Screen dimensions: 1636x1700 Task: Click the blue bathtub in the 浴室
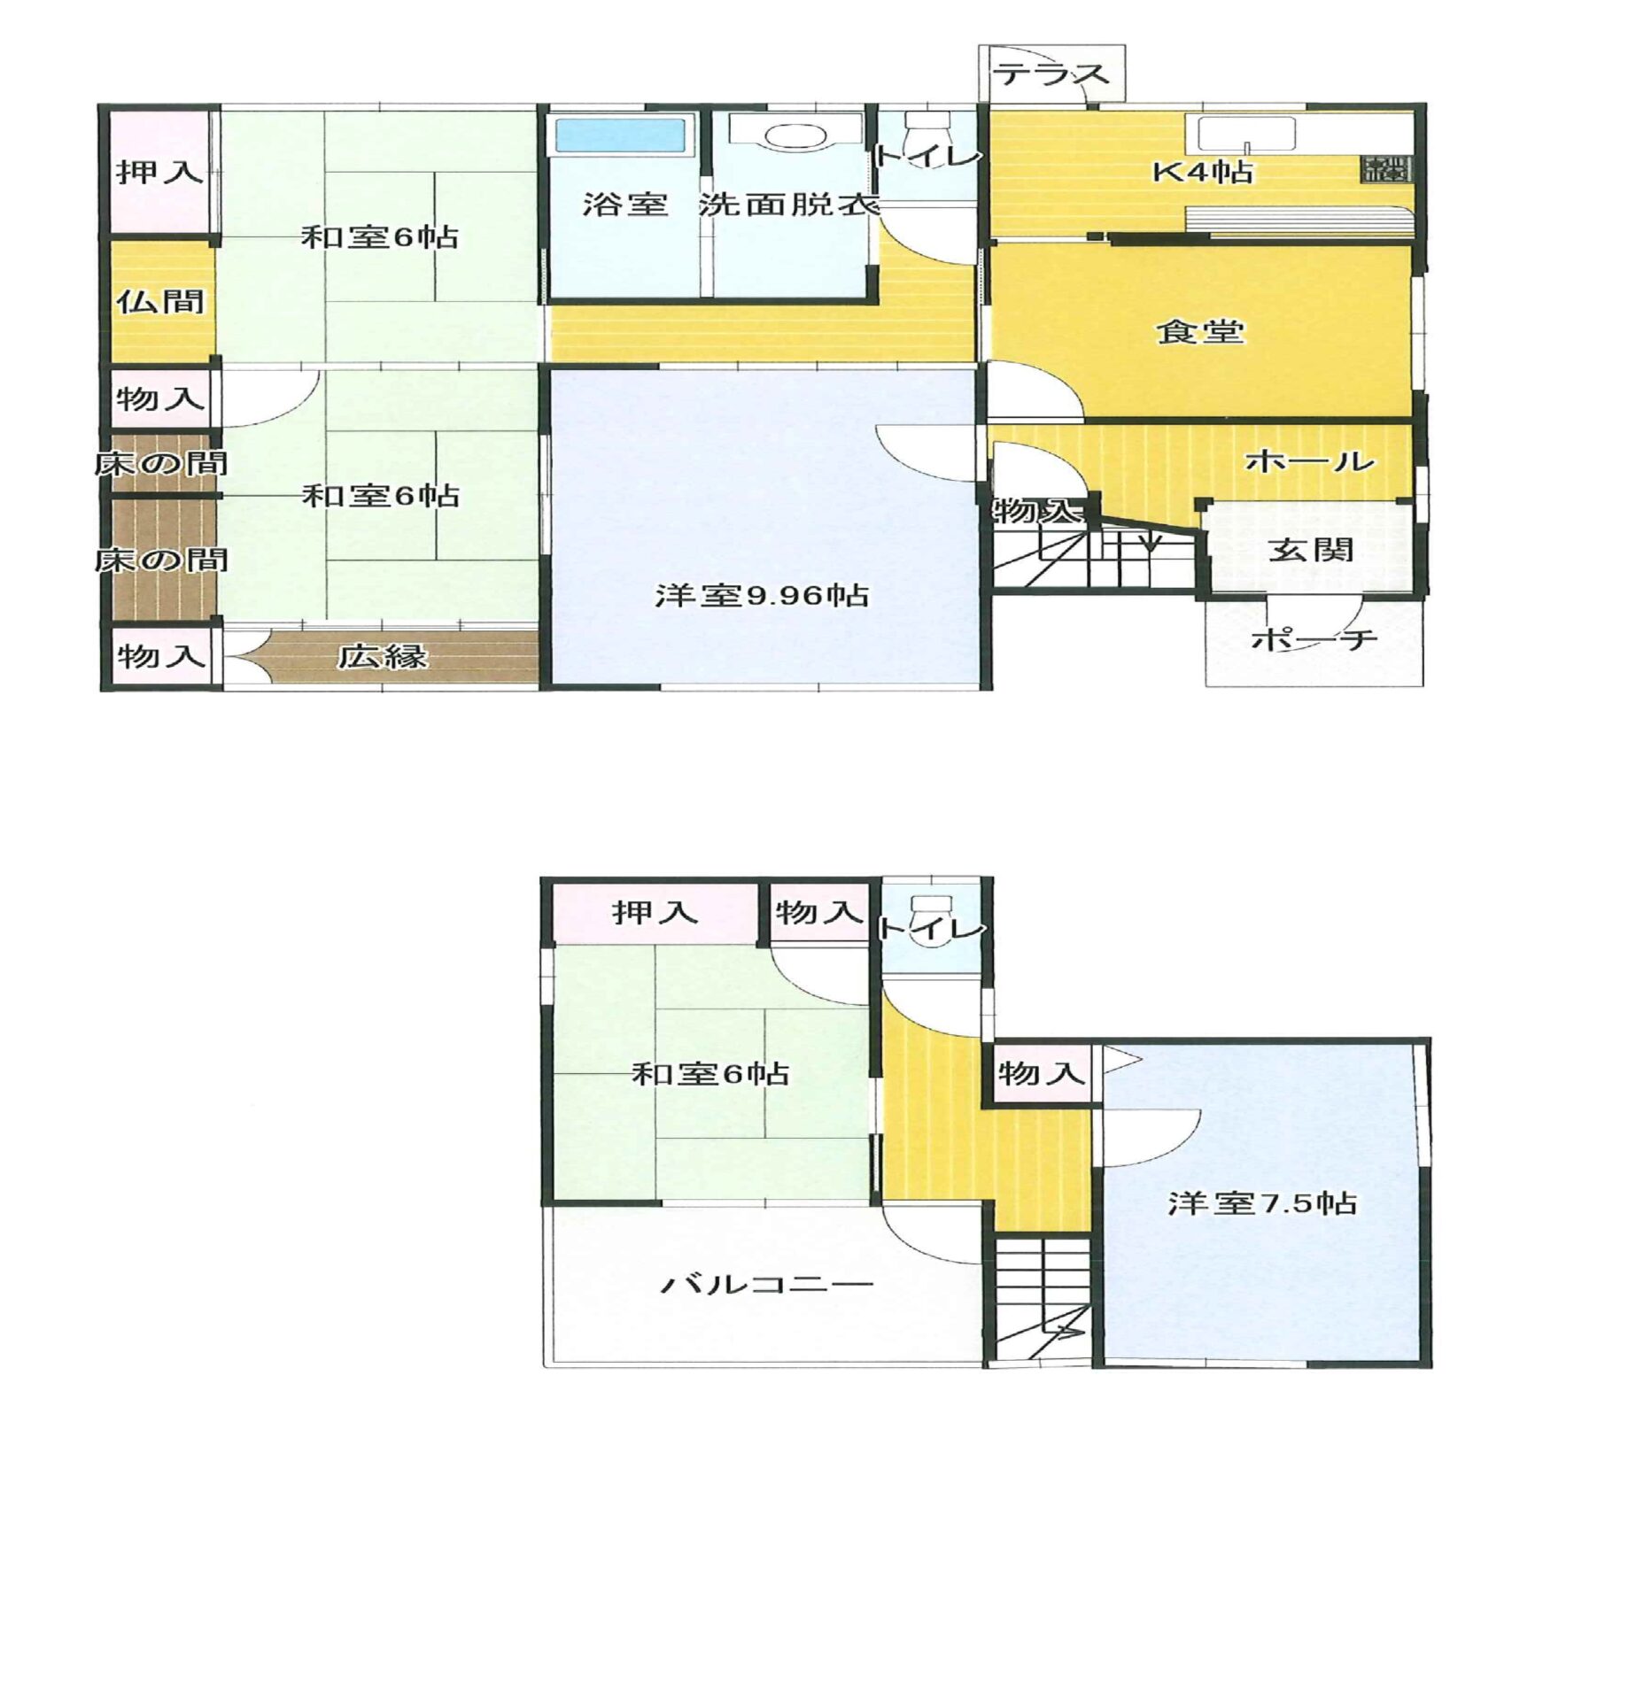click(x=620, y=136)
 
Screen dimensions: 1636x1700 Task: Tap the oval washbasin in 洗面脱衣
click(x=795, y=137)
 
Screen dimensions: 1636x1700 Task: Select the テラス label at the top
click(x=1053, y=74)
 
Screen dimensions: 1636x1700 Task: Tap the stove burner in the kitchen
click(x=1387, y=168)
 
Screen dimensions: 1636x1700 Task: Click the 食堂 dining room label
click(x=1200, y=331)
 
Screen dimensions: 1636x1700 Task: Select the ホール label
click(x=1310, y=460)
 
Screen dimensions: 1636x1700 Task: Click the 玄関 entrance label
click(x=1311, y=550)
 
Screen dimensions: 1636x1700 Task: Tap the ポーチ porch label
click(x=1314, y=638)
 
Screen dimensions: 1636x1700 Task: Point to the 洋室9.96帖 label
click(x=761, y=595)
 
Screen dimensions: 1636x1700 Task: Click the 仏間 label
click(x=160, y=302)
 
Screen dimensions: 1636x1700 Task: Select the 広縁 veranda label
click(x=383, y=656)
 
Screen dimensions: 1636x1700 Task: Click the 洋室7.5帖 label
click(x=1261, y=1203)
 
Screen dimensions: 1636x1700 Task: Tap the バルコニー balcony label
click(x=767, y=1284)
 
